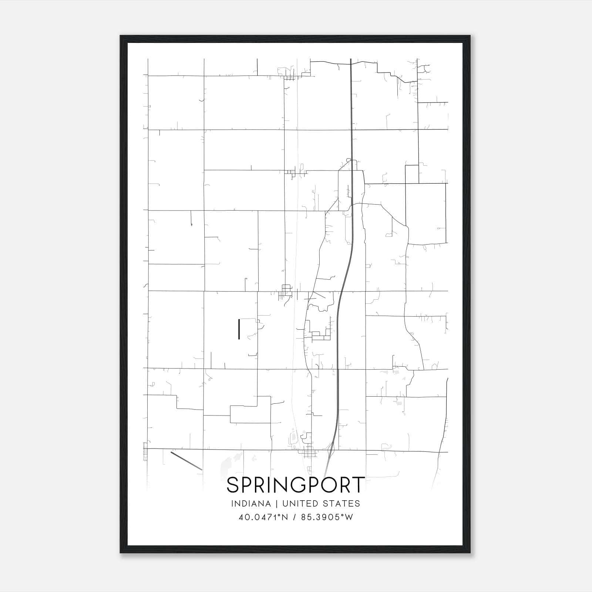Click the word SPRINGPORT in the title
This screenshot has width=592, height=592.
296,485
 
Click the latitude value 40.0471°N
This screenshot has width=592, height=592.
264,517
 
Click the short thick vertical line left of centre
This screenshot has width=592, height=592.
239,329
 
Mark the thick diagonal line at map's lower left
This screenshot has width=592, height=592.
186,461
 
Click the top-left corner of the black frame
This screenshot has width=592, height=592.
121,36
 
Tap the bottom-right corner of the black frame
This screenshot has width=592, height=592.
470,553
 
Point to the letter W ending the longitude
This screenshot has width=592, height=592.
349,517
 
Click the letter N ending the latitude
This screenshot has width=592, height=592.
285,517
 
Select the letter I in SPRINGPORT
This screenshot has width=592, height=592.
275,485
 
